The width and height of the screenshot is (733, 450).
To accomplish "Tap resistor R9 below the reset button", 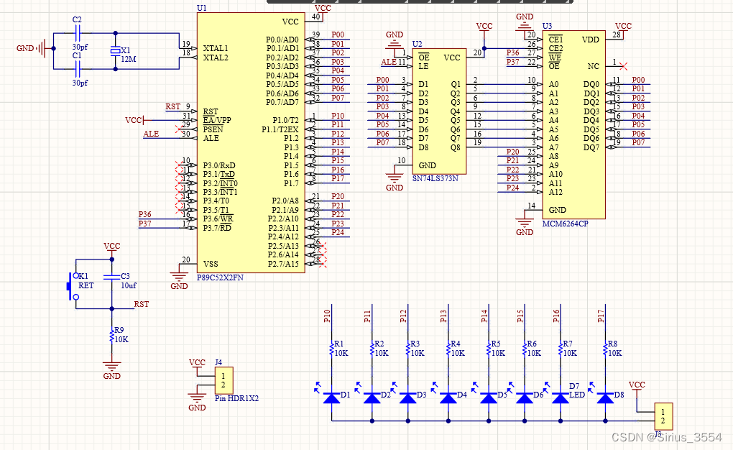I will click(x=111, y=335).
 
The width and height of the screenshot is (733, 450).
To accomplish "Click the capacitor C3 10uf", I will click(x=111, y=277).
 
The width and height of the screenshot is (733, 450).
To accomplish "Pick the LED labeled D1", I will click(x=331, y=397).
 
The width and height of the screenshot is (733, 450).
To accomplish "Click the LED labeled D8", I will click(x=606, y=397).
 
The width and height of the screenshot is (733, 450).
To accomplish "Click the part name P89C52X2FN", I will click(x=220, y=277).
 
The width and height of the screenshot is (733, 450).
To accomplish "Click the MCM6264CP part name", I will click(x=565, y=224).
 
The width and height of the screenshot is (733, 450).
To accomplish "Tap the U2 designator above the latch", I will click(x=417, y=45).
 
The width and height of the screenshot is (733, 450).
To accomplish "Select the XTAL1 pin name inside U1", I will click(x=215, y=47).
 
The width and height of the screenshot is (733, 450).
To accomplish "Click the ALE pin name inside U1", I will click(x=211, y=138).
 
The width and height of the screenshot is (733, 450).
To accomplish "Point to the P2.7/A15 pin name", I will click(x=284, y=264).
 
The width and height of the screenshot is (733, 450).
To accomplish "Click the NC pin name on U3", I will click(x=594, y=66).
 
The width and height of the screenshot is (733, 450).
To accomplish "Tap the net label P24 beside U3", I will click(x=512, y=188).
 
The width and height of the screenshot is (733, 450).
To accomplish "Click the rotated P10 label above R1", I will click(x=328, y=316).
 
